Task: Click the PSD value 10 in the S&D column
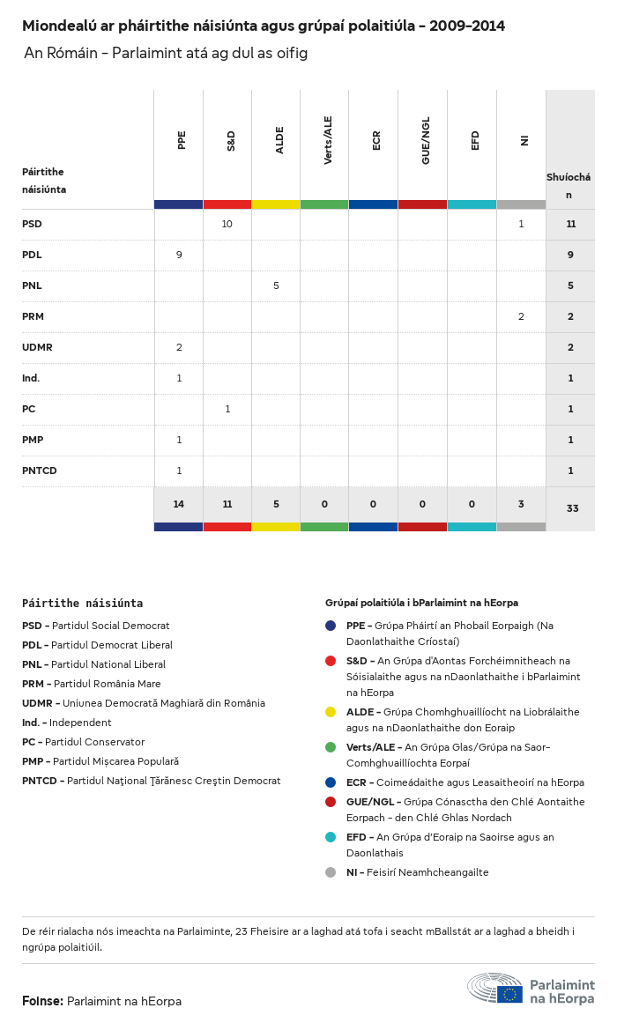227,224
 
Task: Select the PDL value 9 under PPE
179,255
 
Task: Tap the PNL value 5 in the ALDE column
276,285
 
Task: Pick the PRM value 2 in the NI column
521,316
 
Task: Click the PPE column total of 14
179,505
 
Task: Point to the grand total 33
572,508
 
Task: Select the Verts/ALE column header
329,140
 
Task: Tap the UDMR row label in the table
37,347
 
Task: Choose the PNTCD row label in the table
40,471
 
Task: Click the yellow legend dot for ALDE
331,712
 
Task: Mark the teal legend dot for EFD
331,837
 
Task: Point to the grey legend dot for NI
331,872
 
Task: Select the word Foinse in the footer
42,1001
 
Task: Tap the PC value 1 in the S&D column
227,409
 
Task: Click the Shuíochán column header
569,185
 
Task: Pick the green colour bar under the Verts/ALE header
324,204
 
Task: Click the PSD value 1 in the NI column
521,224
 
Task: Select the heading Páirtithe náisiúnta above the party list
82,604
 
